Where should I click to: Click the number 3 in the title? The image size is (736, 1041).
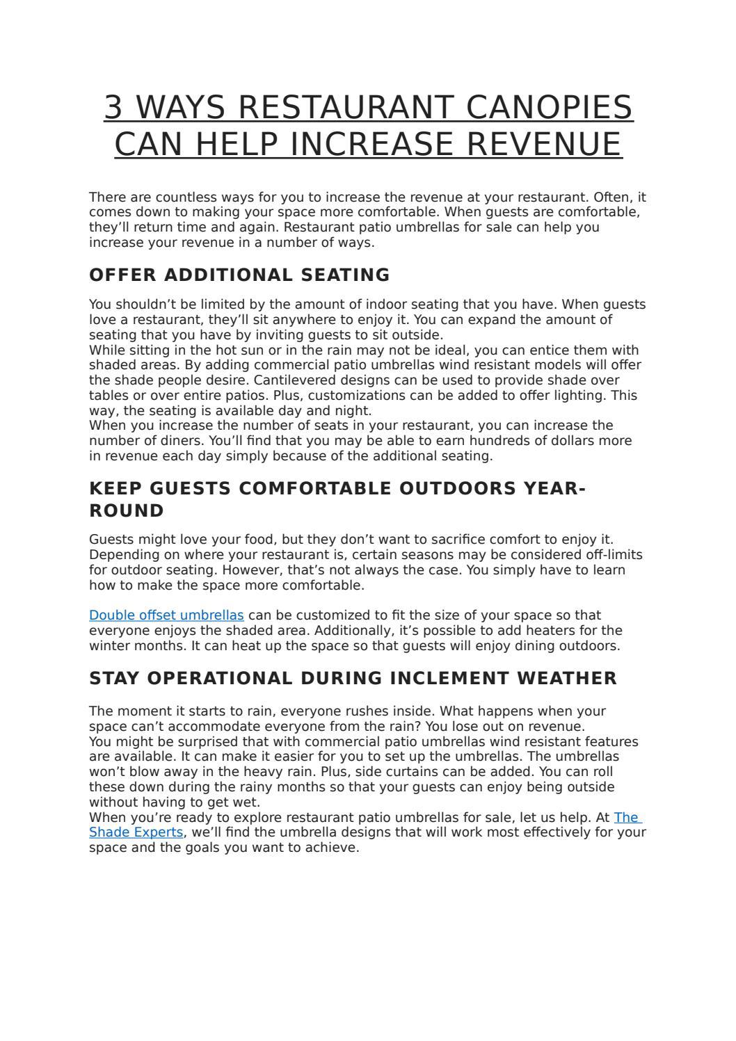(113, 108)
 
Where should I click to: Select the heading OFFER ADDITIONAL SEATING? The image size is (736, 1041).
(239, 275)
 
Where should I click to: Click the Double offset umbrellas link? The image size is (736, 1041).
(166, 615)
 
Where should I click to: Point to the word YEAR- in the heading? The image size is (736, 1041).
(554, 489)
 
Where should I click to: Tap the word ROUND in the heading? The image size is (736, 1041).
(127, 511)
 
